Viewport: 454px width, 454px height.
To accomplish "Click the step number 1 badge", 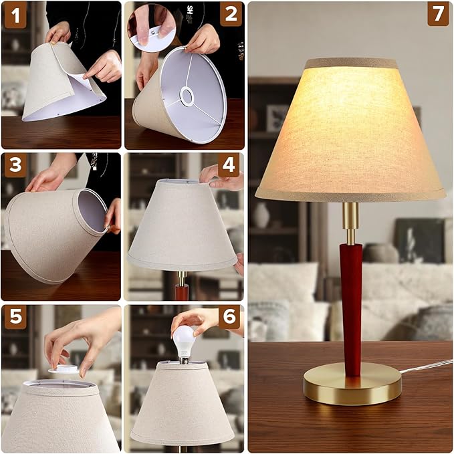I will [x=15, y=15].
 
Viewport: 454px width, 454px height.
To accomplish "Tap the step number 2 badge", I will [x=231, y=14].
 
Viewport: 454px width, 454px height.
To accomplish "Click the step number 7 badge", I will [x=438, y=14].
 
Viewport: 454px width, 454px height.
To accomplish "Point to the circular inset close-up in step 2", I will [x=152, y=27].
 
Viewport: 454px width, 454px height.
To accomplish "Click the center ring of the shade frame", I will [x=186, y=98].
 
